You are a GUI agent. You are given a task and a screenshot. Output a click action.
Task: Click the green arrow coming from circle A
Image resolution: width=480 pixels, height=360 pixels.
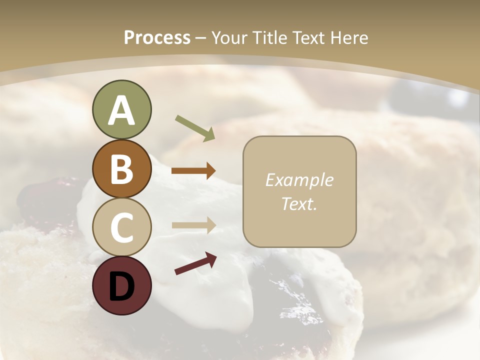tap(195, 128)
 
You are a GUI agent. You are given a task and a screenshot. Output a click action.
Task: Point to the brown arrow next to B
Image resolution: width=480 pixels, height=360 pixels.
tap(193, 170)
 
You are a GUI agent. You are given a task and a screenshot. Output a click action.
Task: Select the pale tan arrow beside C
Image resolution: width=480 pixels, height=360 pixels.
tap(193, 225)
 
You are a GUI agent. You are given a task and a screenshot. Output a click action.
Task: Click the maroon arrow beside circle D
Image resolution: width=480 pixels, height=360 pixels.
tap(195, 264)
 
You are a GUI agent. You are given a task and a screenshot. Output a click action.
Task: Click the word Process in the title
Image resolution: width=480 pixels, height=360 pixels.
tap(157, 38)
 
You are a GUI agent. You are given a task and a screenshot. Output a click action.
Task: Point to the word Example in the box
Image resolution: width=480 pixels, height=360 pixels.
tap(299, 180)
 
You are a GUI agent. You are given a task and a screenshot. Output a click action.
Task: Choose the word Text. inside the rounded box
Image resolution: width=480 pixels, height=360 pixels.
tap(299, 203)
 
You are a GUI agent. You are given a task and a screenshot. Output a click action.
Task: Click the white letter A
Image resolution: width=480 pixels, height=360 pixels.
tap(121, 110)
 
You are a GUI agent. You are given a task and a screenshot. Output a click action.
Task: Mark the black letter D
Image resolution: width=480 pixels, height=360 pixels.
tap(121, 286)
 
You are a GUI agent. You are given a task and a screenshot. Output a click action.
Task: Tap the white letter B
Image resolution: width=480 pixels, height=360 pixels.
tap(121, 169)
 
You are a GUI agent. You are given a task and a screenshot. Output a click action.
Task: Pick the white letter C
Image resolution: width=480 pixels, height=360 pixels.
tap(121, 227)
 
